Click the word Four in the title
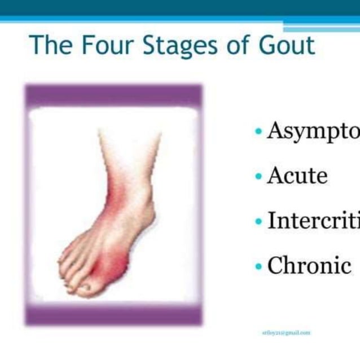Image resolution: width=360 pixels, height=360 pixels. click(x=106, y=45)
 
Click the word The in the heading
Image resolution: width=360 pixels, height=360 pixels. click(x=50, y=45)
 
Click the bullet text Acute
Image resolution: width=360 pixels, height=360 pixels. click(x=297, y=175)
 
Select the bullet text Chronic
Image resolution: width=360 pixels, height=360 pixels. click(x=309, y=265)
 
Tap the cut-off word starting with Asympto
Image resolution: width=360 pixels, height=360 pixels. click(x=313, y=131)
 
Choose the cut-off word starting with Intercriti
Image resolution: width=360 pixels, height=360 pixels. click(x=313, y=220)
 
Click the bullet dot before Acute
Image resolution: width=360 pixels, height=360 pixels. click(x=258, y=177)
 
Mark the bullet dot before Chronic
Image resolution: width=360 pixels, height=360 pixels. click(x=258, y=266)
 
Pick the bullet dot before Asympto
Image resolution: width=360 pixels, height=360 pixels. click(x=258, y=131)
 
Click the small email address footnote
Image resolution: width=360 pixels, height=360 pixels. click(x=286, y=333)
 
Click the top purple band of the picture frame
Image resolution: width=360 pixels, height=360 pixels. click(x=113, y=95)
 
